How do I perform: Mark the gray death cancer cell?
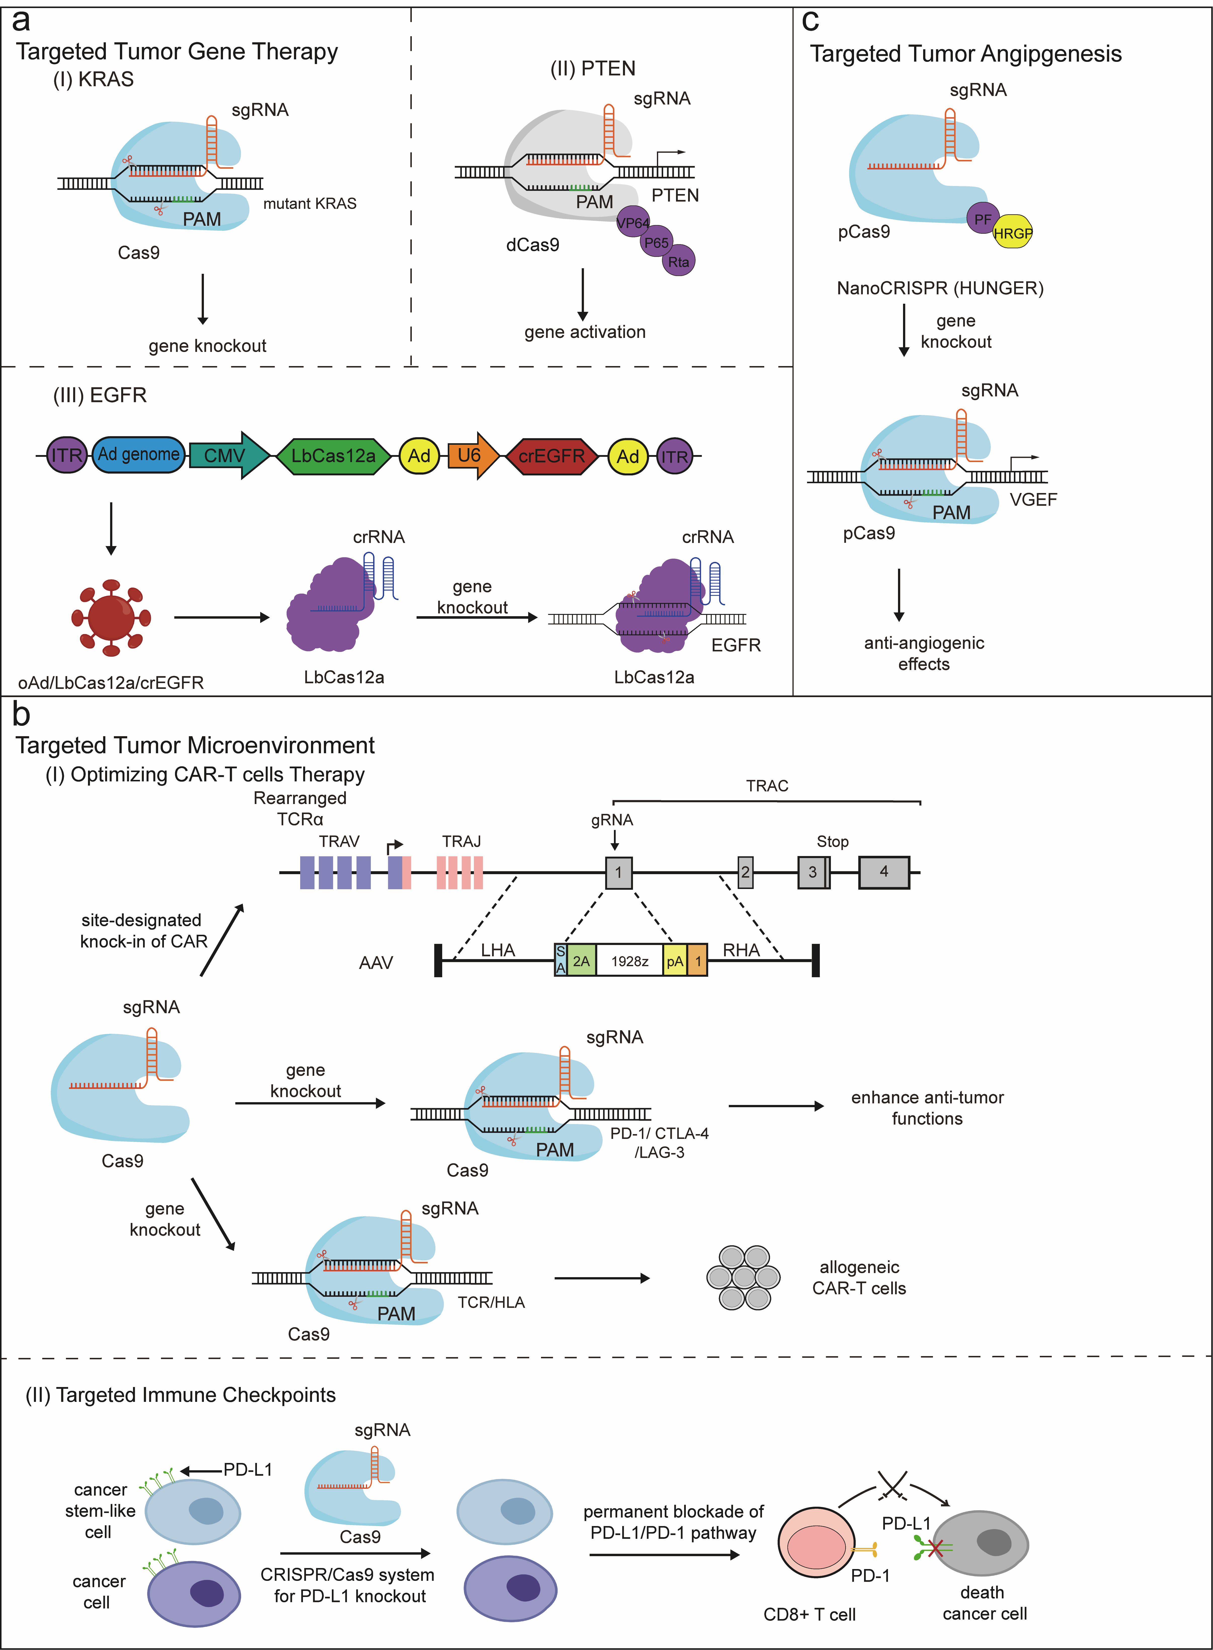pyautogui.click(x=981, y=1543)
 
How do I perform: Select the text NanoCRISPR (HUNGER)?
pyautogui.click(x=940, y=288)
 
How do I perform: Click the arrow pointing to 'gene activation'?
pyautogui.click(x=583, y=294)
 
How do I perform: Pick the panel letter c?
pyautogui.click(x=811, y=22)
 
